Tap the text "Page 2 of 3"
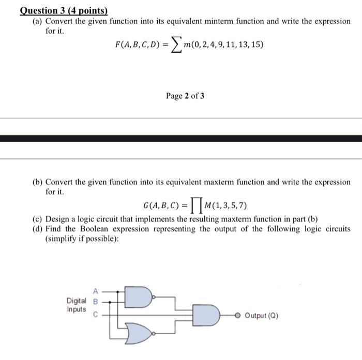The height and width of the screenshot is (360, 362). pyautogui.click(x=185, y=96)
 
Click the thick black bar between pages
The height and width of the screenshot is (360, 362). pyautogui.click(x=181, y=138)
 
